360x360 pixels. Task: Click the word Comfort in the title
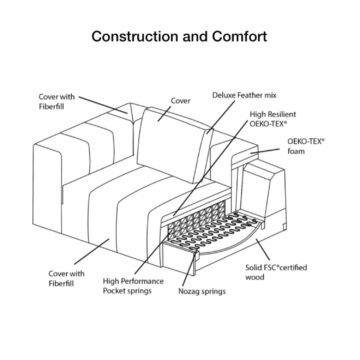(x=239, y=36)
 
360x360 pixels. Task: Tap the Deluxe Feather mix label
(x=244, y=95)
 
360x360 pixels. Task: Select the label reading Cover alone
(x=180, y=101)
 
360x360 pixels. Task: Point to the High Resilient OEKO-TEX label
(x=273, y=119)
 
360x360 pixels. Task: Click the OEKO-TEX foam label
(x=306, y=146)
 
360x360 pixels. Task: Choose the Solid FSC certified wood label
(x=276, y=272)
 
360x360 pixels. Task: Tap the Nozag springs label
(x=202, y=291)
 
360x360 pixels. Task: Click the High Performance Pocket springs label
(x=133, y=286)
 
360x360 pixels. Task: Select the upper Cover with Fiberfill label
(x=57, y=101)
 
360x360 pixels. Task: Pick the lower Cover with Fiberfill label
(x=66, y=278)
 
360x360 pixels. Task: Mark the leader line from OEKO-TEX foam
(x=265, y=151)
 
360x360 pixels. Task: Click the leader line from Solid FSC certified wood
(x=263, y=250)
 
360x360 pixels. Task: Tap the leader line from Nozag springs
(x=191, y=269)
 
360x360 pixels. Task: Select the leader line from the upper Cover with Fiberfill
(x=103, y=105)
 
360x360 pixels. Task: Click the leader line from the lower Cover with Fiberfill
(x=92, y=251)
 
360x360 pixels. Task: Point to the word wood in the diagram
(x=255, y=277)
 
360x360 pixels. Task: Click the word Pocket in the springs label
(x=113, y=291)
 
